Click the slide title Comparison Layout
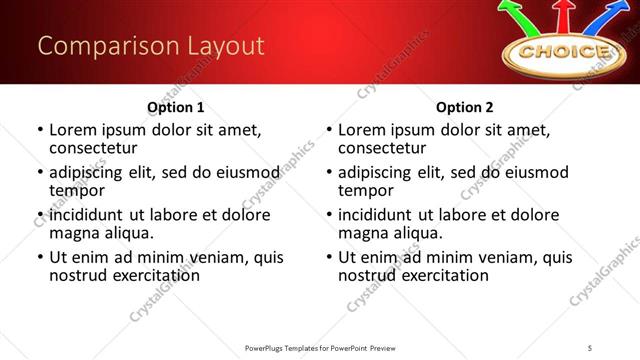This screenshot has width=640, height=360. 151,46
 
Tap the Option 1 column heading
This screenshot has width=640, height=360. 176,106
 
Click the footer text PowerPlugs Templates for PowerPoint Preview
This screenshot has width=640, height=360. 319,348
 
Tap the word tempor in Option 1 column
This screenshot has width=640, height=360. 76,190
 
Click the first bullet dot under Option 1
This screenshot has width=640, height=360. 39,130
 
